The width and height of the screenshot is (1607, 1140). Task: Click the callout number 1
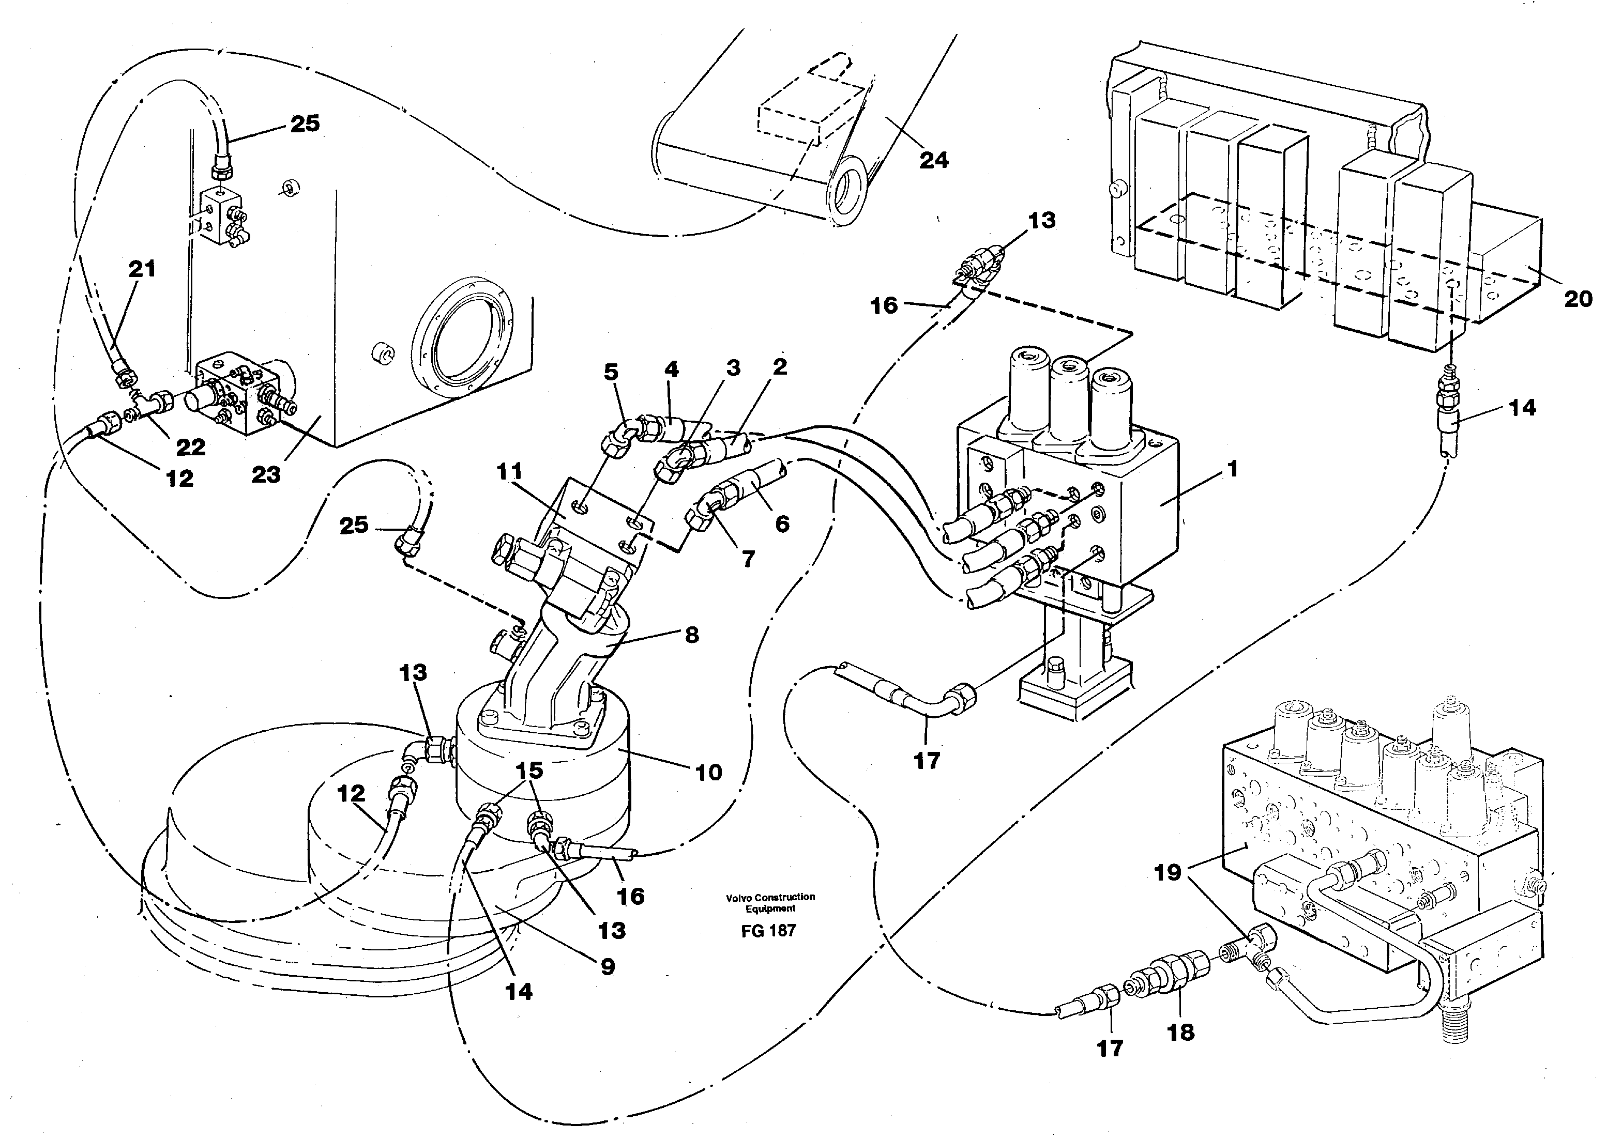tap(1231, 469)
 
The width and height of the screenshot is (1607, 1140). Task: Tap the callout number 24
tap(933, 161)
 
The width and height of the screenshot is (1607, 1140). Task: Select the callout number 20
tap(1578, 299)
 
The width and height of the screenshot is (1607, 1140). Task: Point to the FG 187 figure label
tap(769, 931)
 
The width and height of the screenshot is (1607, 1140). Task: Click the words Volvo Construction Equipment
tap(770, 902)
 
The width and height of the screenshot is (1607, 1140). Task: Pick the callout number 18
tap(1180, 1032)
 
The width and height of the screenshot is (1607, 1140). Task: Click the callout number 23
tap(266, 475)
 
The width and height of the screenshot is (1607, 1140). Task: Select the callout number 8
tap(692, 635)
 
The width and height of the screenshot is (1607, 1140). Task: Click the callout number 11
tap(509, 472)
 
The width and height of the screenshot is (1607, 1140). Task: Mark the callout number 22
tap(190, 447)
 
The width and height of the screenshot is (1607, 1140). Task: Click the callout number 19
tap(1168, 872)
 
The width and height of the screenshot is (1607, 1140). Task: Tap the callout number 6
tap(782, 523)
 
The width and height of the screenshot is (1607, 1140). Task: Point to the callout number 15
tap(529, 770)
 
